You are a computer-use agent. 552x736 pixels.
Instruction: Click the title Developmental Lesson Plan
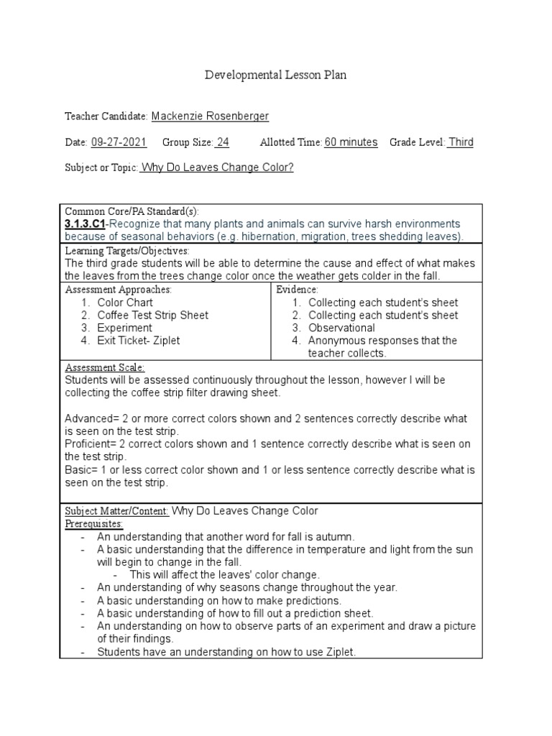pyautogui.click(x=275, y=75)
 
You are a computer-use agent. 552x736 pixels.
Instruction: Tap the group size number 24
pyautogui.click(x=223, y=142)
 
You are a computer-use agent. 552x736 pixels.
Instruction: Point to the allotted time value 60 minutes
pyautogui.click(x=351, y=142)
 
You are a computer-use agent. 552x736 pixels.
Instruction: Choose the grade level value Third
pyautogui.click(x=461, y=142)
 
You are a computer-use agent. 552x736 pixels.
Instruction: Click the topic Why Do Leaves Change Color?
pyautogui.click(x=217, y=168)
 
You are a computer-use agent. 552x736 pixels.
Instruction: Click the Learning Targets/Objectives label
pyautogui.click(x=127, y=251)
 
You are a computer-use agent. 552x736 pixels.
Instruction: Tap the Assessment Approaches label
pyautogui.click(x=119, y=290)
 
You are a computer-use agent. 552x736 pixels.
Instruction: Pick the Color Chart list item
pyautogui.click(x=125, y=303)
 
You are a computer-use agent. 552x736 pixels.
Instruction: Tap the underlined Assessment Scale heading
pyautogui.click(x=105, y=367)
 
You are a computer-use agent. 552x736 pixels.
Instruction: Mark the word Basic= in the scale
pyautogui.click(x=82, y=470)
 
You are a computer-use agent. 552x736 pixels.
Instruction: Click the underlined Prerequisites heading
pyautogui.click(x=94, y=524)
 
